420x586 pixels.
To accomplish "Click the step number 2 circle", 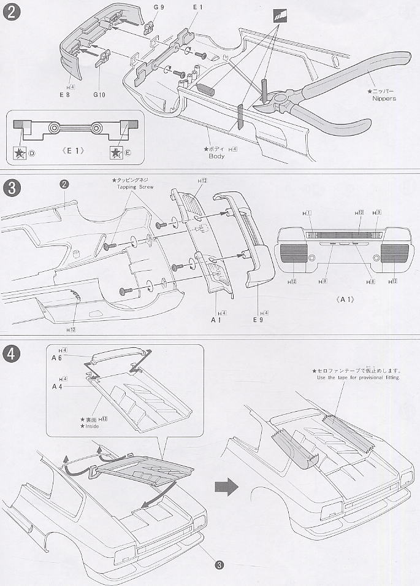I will (x=10, y=12).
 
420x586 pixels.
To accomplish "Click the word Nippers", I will (x=384, y=98).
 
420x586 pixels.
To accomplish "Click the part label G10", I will (x=99, y=95).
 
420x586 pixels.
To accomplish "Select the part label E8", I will (x=64, y=95).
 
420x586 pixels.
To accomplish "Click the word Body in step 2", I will (x=216, y=156).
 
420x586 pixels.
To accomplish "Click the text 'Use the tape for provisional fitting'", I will (x=358, y=378).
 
